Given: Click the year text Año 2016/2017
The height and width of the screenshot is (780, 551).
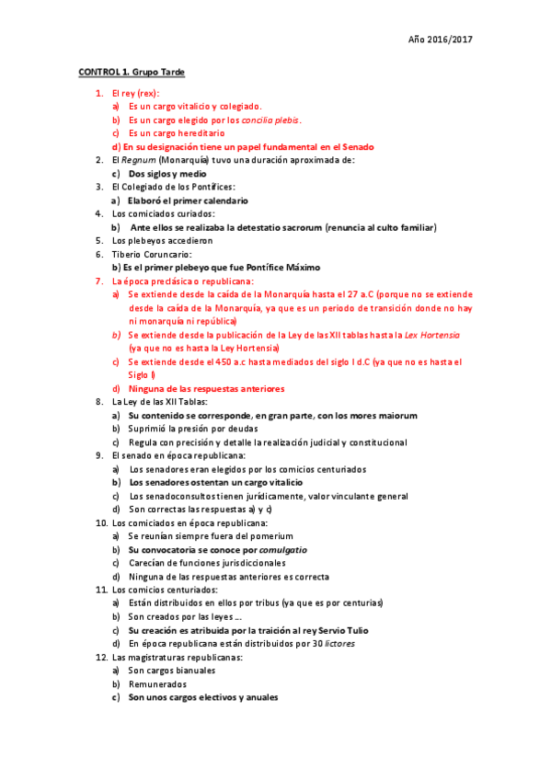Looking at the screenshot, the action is point(441,40).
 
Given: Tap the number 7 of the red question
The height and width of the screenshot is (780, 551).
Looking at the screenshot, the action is point(99,281).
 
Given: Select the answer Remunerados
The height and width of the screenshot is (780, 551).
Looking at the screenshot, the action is point(157,684).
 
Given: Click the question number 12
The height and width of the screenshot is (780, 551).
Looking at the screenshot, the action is point(100,658).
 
